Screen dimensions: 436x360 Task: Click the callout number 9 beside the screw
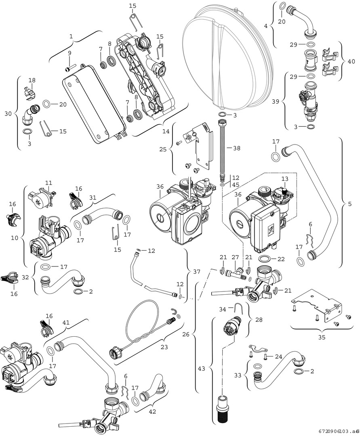click(69, 53)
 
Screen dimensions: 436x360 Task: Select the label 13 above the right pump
click(285, 179)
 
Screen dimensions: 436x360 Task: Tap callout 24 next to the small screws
click(279, 356)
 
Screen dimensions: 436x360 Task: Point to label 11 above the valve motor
click(49, 183)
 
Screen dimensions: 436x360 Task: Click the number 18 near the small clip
click(32, 80)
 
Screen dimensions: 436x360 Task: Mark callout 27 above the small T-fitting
click(235, 258)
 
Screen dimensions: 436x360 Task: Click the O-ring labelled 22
click(265, 259)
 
